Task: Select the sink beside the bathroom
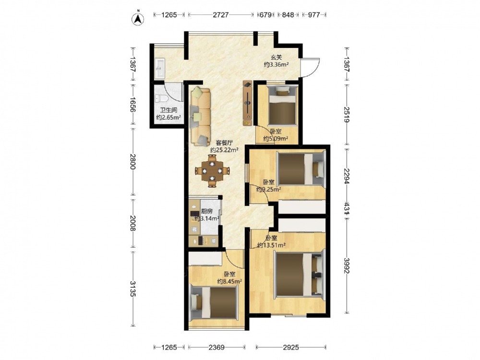(x=160, y=68)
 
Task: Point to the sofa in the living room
(x=201, y=116)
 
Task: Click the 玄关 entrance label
(x=276, y=57)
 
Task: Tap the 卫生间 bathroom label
(x=168, y=110)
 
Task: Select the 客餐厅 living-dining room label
(x=225, y=143)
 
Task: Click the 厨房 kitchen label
(x=207, y=211)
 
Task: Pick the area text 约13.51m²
(x=272, y=245)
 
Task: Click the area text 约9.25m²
(x=268, y=189)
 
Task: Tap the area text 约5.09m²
(x=276, y=139)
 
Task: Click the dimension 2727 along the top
(x=221, y=15)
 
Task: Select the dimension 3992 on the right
(x=347, y=266)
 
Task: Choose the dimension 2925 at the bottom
(x=291, y=347)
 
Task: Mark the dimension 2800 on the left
(x=132, y=161)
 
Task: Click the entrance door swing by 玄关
(x=311, y=67)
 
